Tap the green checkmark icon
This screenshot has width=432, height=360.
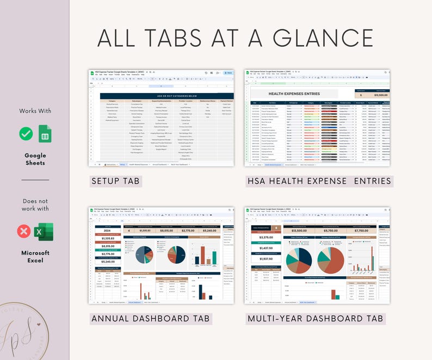[26, 134]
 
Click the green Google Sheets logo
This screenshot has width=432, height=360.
[45, 134]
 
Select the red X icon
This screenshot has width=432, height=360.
[24, 232]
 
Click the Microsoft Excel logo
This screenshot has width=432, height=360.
[45, 232]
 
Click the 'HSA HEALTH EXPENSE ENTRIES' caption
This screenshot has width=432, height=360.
[319, 181]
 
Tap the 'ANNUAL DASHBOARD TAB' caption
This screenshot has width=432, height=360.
[151, 318]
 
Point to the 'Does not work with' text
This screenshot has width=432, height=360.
[35, 204]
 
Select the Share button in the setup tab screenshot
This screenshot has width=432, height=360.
[229, 72]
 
